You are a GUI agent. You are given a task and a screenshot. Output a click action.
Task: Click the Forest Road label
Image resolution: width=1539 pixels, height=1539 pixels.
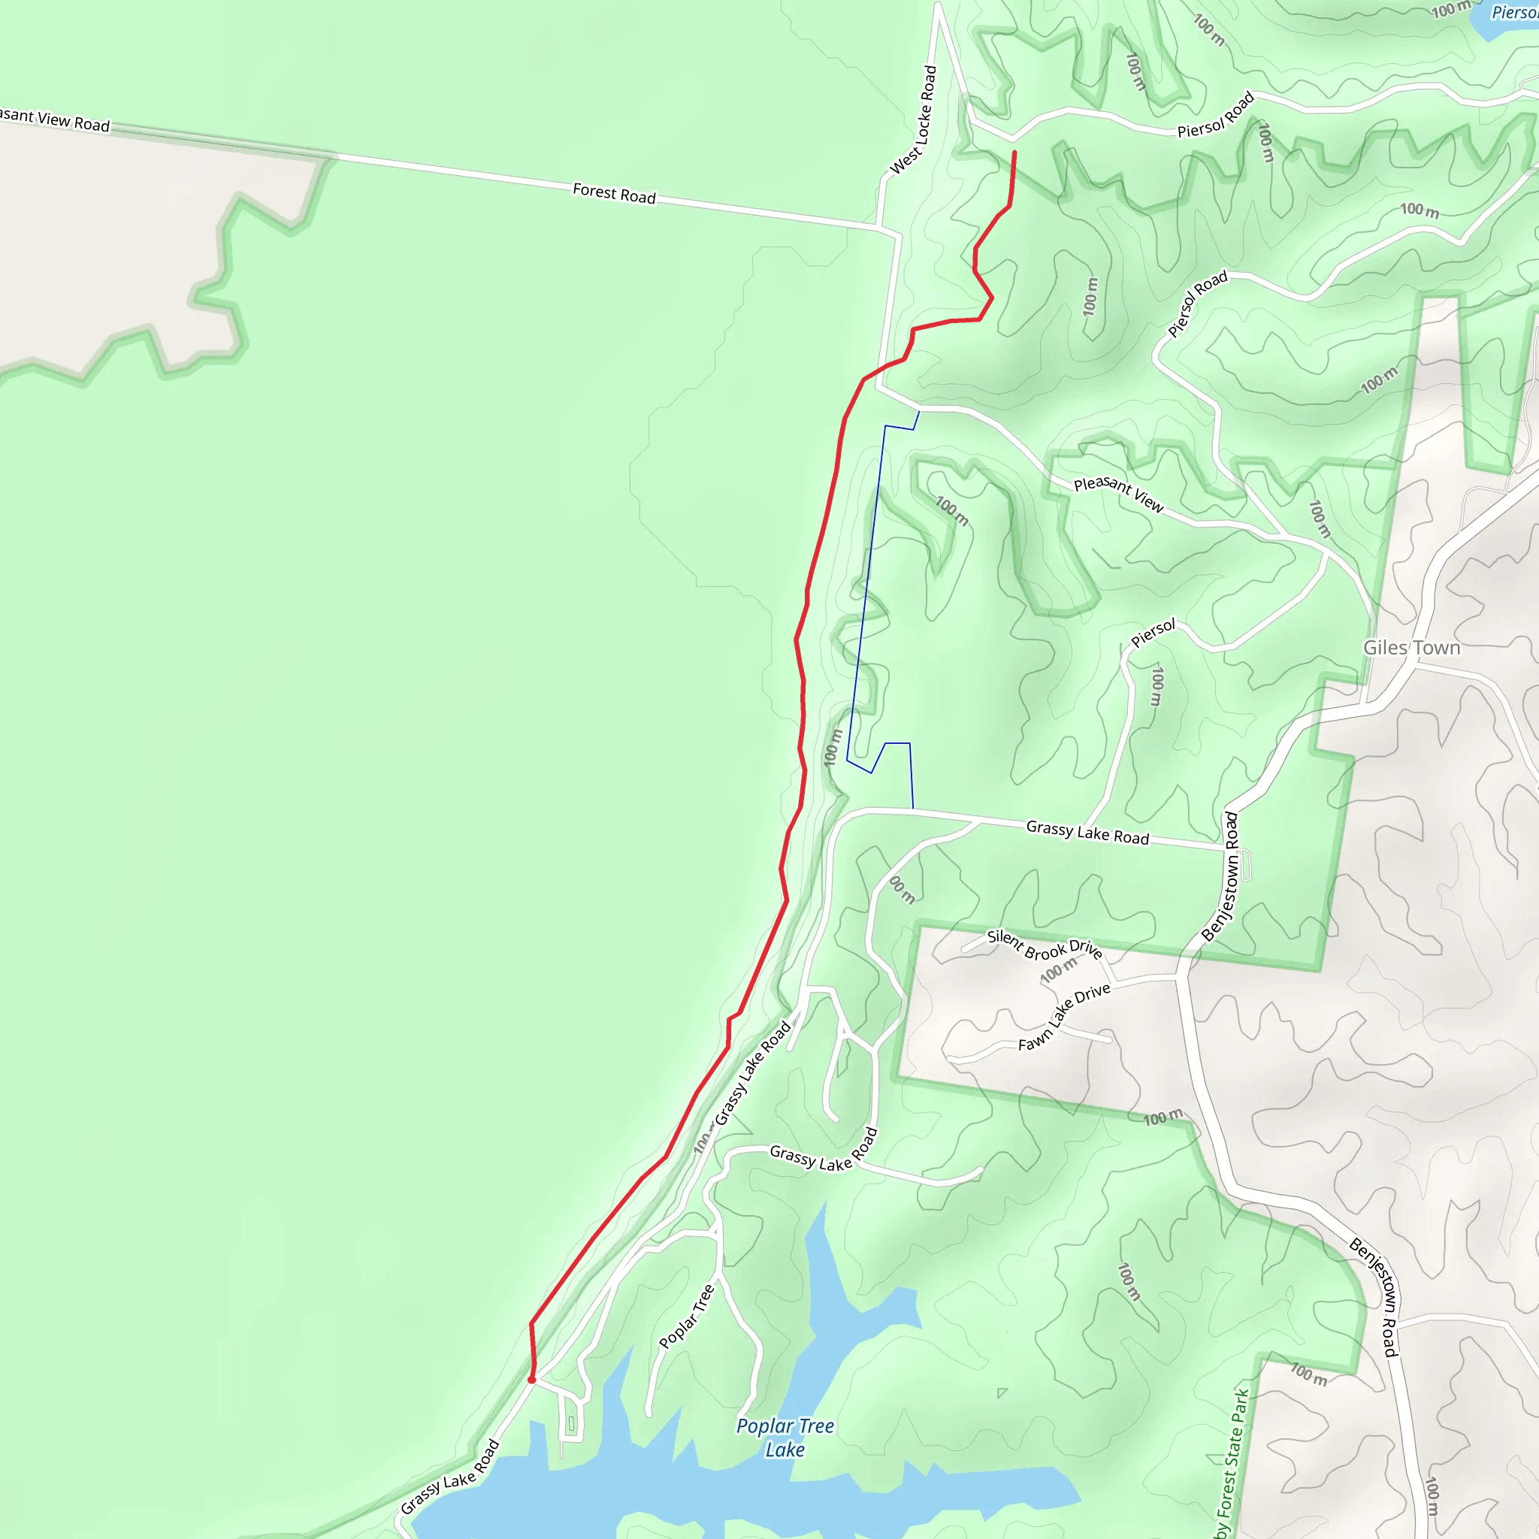(x=613, y=194)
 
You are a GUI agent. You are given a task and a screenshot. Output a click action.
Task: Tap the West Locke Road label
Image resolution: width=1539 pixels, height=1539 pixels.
(x=913, y=120)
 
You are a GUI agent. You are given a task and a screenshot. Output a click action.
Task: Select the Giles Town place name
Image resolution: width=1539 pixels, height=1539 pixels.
(x=1411, y=648)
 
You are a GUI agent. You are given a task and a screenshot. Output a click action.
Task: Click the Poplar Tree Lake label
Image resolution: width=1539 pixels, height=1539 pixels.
(x=785, y=1437)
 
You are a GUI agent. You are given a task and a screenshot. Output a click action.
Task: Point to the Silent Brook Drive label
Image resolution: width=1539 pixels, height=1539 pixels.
(x=1045, y=944)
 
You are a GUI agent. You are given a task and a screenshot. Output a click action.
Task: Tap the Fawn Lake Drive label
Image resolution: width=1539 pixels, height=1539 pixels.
(x=1063, y=1017)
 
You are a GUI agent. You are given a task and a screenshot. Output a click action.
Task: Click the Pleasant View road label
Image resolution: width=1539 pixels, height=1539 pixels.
(x=1118, y=494)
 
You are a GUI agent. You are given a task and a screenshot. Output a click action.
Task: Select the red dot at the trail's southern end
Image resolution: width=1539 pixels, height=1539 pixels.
(x=531, y=1380)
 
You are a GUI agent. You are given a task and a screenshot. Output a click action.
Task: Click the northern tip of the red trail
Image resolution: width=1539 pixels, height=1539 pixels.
(x=1014, y=152)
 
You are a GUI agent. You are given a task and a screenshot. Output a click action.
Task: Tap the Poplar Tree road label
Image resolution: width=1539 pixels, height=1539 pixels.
(x=687, y=1316)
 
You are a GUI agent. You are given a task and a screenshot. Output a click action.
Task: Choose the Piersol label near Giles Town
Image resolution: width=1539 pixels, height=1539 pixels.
(x=1153, y=633)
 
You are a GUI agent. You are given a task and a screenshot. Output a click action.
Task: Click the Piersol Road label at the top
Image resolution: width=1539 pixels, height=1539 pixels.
(x=1216, y=115)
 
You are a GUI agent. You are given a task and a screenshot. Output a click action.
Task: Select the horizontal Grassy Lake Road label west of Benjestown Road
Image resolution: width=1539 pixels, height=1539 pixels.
(x=1087, y=833)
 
